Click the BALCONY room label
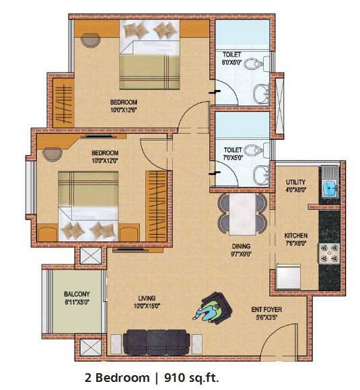point(77,294)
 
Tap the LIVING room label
point(147,298)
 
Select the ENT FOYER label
point(266,310)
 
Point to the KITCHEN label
point(296,235)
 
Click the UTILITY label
point(295,182)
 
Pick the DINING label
point(241,246)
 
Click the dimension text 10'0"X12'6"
point(124,110)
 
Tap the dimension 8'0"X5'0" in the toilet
point(231,62)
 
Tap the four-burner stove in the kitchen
point(329,253)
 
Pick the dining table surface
point(242,214)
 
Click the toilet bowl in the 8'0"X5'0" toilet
point(252,64)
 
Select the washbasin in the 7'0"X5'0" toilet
point(261,175)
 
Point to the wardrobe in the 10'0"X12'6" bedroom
point(63,104)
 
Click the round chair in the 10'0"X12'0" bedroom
point(52,154)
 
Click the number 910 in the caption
point(174,378)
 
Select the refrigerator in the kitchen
point(288,276)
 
